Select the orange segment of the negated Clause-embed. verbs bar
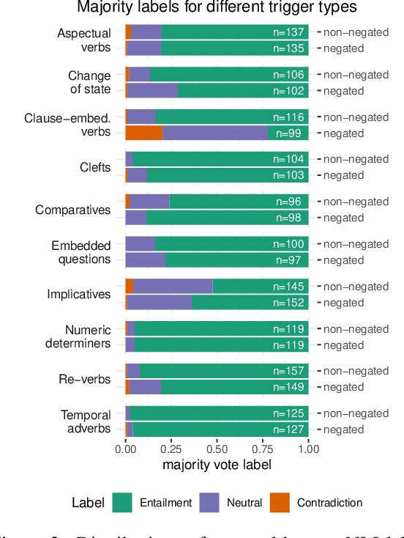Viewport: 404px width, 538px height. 143,133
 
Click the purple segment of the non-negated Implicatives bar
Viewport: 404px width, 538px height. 173,287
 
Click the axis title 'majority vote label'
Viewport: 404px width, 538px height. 217,465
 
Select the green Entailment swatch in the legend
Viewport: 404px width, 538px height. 121,503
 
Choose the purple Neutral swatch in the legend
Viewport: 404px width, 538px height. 213,503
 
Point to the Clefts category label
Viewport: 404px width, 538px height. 95,168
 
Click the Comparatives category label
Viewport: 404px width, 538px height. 73,210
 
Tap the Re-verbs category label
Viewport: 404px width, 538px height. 85,380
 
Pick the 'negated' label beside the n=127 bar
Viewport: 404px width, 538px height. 344,430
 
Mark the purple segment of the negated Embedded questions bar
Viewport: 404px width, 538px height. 145,260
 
